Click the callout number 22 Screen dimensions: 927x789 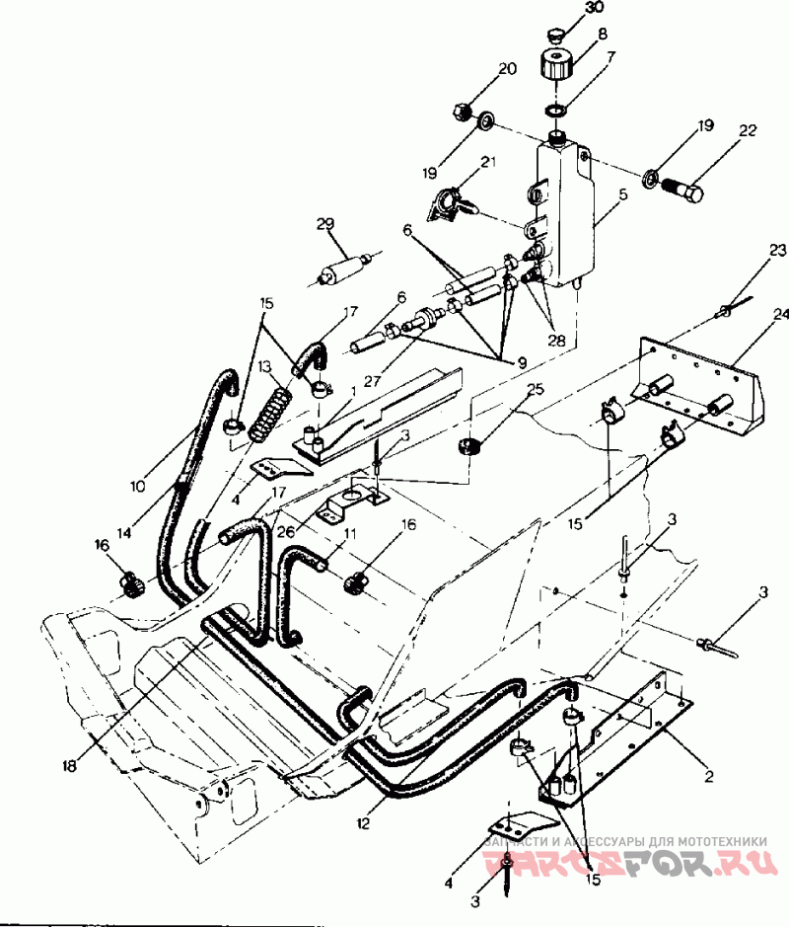748,131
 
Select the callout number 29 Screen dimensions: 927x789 325,225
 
